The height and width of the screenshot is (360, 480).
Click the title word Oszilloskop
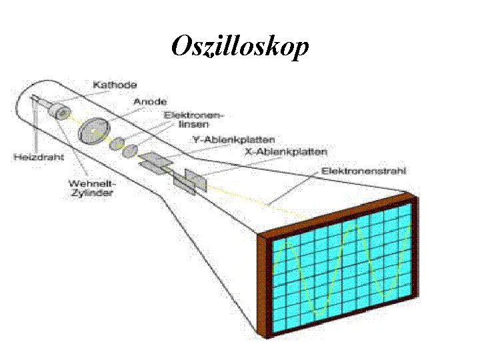(x=240, y=47)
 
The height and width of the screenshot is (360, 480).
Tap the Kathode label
(x=115, y=85)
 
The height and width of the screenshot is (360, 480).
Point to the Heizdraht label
(x=39, y=157)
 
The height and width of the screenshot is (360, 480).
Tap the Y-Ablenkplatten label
(x=224, y=139)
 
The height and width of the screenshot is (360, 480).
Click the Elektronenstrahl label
(x=364, y=171)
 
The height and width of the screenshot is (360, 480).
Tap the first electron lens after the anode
(x=117, y=143)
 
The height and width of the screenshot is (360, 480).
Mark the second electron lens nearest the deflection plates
(x=131, y=149)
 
